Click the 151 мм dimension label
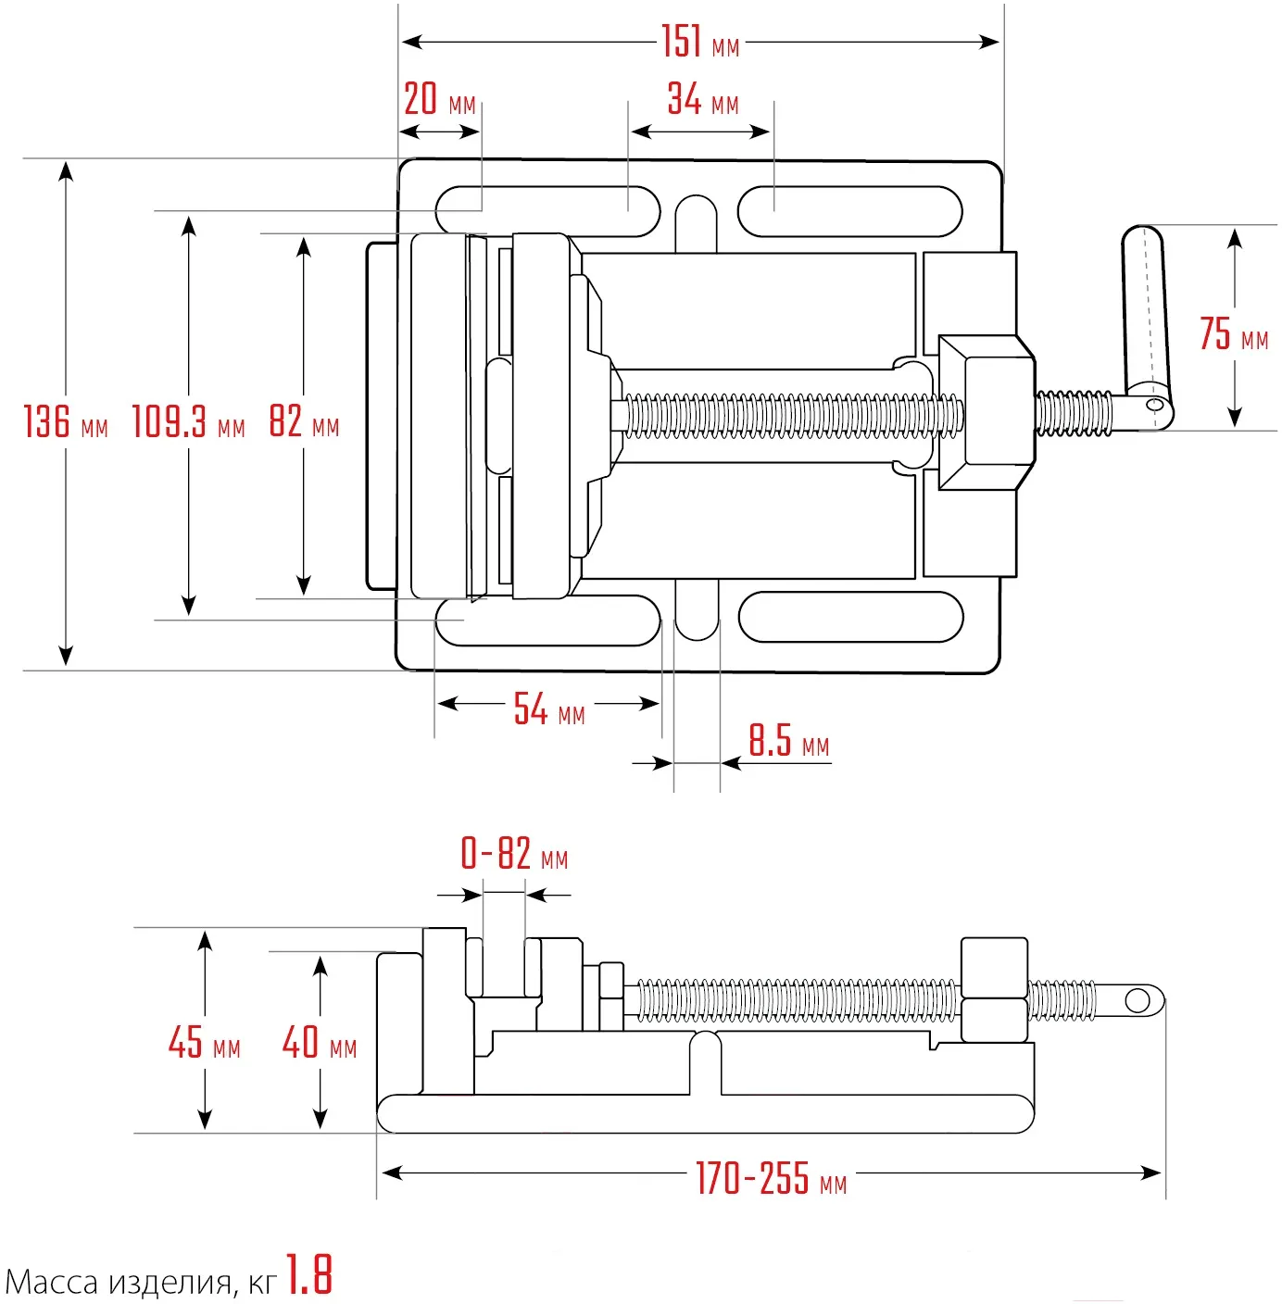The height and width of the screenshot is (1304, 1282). [x=699, y=43]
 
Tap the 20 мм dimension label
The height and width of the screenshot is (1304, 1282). [x=439, y=99]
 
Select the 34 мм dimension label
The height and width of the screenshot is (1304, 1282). [x=702, y=99]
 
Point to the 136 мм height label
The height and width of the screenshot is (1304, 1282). [x=65, y=421]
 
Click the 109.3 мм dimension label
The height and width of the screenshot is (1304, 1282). [x=188, y=422]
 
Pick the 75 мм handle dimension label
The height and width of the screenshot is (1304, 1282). [x=1233, y=334]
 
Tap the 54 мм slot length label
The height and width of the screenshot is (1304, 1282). [x=548, y=710]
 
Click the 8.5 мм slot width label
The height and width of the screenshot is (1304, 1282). [x=788, y=742]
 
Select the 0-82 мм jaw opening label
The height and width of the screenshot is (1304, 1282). [x=514, y=854]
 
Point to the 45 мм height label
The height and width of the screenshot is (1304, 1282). [x=204, y=1043]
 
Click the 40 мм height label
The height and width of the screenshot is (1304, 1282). [x=320, y=1043]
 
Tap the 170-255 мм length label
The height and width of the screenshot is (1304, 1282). [x=771, y=1179]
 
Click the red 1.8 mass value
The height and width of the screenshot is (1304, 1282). [x=308, y=1275]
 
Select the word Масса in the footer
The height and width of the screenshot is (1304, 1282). [x=52, y=1283]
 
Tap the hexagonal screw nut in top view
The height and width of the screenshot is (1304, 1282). [x=987, y=411]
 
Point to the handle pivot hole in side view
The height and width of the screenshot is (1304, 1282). [x=1137, y=1000]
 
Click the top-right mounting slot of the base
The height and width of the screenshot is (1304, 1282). [x=849, y=211]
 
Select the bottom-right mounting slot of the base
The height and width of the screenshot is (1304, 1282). [x=850, y=617]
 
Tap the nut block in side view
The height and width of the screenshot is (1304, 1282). [x=994, y=989]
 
